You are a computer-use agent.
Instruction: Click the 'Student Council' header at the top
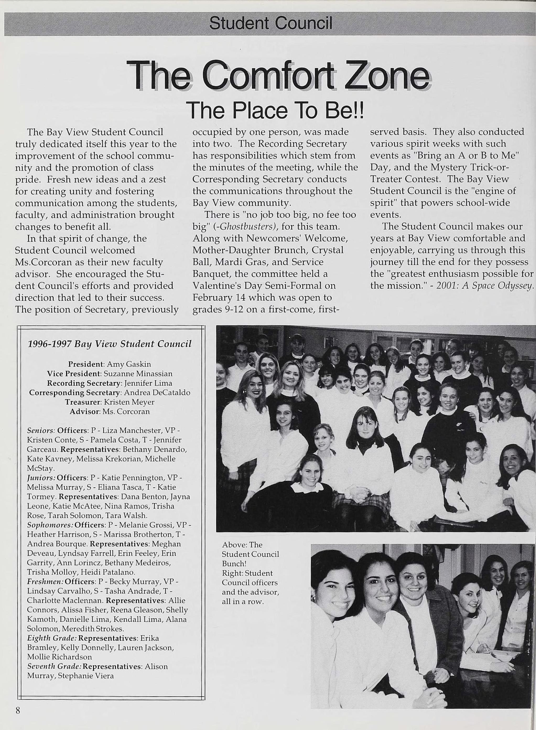pos(270,23)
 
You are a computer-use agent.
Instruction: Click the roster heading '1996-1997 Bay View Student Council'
pos(110,344)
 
